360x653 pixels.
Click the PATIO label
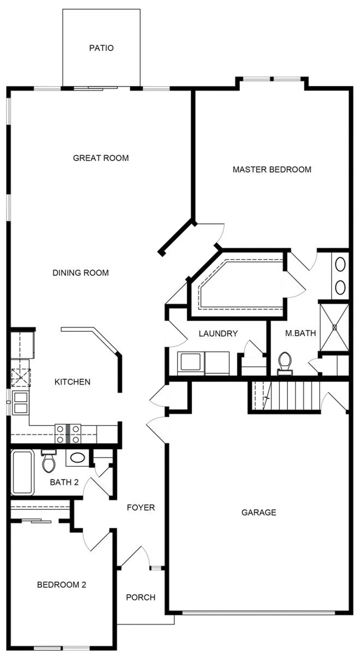pyautogui.click(x=101, y=48)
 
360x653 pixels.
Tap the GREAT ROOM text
pyautogui.click(x=100, y=158)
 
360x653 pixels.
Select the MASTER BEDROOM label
pyautogui.click(x=272, y=169)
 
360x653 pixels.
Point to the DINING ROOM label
pyautogui.click(x=80, y=273)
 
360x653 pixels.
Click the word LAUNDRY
pyautogui.click(x=218, y=333)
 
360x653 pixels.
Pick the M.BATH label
pyautogui.click(x=301, y=333)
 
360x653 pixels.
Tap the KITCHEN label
pyautogui.click(x=72, y=382)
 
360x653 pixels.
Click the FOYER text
pyautogui.click(x=141, y=507)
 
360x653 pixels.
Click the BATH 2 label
pyautogui.click(x=64, y=482)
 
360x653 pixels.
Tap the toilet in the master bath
pyautogui.click(x=285, y=364)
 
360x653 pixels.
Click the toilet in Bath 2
pyautogui.click(x=49, y=461)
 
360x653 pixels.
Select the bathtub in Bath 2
pyautogui.click(x=23, y=472)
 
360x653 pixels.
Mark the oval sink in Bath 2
pyautogui.click(x=77, y=458)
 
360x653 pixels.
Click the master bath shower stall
pyautogui.click(x=334, y=327)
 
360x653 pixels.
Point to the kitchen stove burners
pyautogui.click(x=68, y=434)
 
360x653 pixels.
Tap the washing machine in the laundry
pyautogui.click(x=191, y=363)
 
